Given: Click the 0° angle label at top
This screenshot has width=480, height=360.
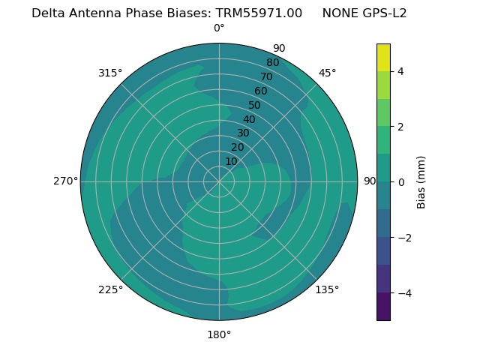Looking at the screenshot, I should (219, 28).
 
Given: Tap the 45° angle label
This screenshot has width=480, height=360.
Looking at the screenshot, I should (327, 73).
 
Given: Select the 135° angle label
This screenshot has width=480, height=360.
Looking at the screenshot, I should (327, 289).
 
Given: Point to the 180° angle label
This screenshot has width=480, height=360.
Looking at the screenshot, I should (219, 334).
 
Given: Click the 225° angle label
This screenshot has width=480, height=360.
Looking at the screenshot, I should (110, 289).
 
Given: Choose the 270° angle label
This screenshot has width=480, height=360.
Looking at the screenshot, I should (65, 181).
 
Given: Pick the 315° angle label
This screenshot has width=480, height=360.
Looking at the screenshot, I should (110, 73).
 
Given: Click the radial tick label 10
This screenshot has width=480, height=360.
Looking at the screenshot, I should (231, 161).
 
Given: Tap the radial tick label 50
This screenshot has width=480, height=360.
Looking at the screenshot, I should (255, 105).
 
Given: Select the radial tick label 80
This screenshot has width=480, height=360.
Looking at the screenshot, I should (272, 63).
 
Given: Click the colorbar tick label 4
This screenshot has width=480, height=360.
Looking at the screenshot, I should (401, 71).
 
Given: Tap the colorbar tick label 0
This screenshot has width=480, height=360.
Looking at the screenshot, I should (401, 182).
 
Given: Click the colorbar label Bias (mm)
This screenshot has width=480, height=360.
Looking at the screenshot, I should (421, 182).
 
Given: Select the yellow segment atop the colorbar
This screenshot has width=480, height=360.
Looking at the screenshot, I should (383, 57).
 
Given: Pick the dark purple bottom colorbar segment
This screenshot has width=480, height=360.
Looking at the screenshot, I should (383, 306).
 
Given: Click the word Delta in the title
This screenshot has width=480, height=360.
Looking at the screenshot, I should (46, 13).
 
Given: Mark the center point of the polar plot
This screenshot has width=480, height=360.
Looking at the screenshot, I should (219, 181).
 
